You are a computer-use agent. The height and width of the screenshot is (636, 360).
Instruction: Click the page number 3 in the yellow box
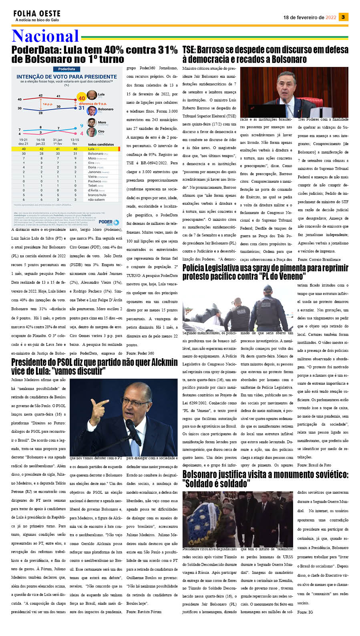[343, 17]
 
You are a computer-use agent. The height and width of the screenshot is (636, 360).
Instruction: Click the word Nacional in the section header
[45, 36]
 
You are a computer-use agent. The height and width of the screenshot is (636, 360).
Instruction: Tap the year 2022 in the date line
[331, 18]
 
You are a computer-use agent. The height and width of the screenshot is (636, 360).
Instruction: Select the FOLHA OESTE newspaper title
[37, 14]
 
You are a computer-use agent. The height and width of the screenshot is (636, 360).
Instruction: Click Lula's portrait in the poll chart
[92, 95]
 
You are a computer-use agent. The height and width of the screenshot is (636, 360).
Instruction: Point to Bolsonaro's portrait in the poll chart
[92, 110]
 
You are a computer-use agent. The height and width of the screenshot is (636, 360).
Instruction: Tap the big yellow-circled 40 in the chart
[82, 98]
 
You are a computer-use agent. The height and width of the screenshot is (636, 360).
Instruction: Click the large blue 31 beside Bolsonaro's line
[82, 108]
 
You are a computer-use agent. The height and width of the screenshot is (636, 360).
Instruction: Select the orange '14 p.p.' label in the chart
[47, 104]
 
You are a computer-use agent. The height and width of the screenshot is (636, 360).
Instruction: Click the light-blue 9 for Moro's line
[82, 125]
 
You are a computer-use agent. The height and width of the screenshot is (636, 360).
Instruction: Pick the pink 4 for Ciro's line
[82, 133]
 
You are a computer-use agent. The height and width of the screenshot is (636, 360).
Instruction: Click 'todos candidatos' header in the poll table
[101, 144]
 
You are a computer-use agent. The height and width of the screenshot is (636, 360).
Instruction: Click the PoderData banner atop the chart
[66, 69]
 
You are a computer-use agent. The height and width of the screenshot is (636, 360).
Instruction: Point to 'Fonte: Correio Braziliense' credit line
[319, 260]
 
